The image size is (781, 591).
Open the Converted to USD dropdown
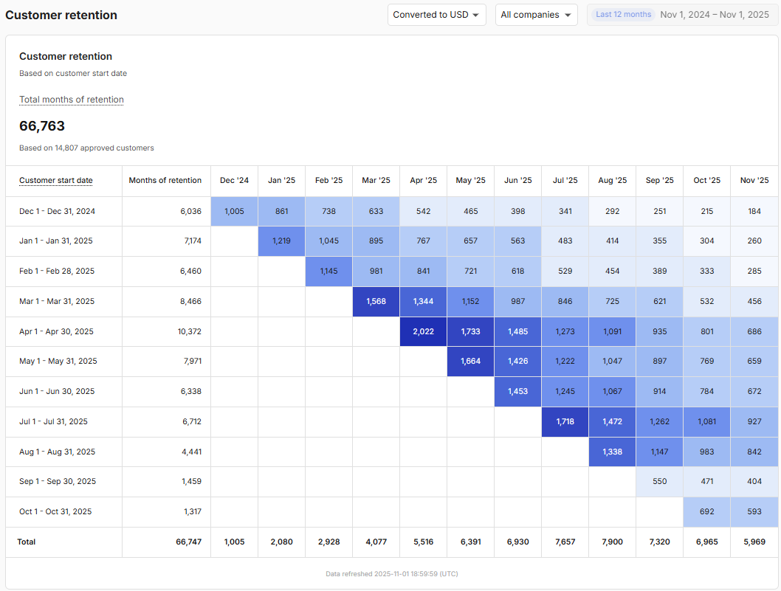coord(436,15)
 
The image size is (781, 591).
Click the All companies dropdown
coord(536,15)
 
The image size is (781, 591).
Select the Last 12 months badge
coord(624,15)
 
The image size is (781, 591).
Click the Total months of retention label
coord(72,100)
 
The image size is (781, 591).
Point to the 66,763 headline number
coord(42,126)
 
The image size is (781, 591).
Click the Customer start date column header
coord(56,180)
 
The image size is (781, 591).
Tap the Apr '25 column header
coord(423,180)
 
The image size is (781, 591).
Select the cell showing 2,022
coord(423,331)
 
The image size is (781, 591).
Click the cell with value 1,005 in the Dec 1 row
coord(234,211)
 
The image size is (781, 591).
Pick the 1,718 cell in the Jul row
coord(565,421)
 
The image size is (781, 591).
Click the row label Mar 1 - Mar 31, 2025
coord(57,301)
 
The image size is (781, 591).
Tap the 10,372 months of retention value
coord(189,331)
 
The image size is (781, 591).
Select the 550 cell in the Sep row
coord(659,481)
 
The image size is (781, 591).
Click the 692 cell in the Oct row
coord(706,511)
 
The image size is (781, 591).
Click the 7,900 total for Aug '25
coord(612,542)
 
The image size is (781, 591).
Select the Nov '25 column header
coord(754,180)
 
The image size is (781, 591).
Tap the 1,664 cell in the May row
coord(470,361)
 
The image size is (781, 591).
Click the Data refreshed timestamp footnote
coord(392,573)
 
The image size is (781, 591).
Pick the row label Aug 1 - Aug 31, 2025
coord(57,452)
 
